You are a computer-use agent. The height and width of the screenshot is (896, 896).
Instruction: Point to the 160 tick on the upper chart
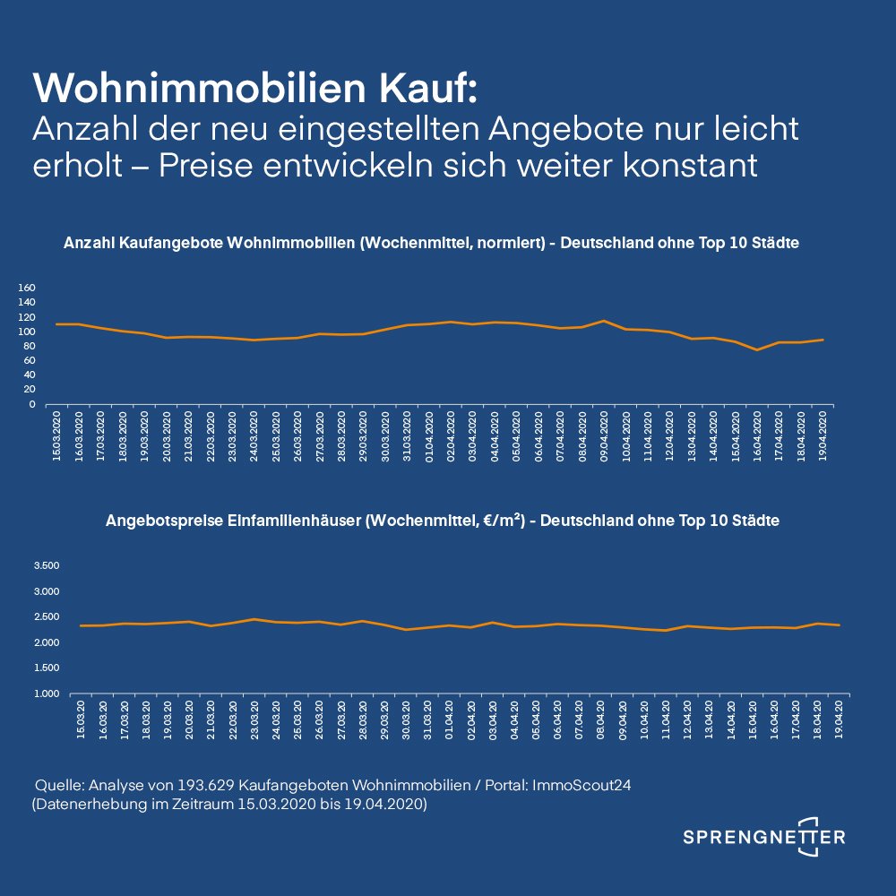coord(52,289)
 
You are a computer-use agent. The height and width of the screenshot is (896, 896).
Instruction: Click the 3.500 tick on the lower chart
coord(45,566)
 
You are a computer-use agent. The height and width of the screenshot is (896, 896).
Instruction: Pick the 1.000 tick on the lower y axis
coord(45,694)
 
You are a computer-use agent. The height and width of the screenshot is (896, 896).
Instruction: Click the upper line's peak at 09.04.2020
coord(605,321)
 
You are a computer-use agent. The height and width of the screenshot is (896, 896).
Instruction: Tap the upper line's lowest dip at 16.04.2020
coord(758,349)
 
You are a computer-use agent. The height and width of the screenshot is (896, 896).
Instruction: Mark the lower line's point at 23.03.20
coord(254,619)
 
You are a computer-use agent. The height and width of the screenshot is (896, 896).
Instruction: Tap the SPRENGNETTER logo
coord(763,836)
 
